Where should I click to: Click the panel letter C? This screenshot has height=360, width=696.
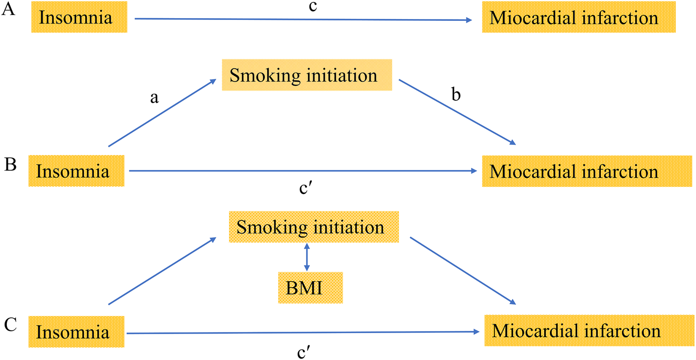(11, 325)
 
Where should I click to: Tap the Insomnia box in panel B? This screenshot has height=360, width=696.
(77, 171)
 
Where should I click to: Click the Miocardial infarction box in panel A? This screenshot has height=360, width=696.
(579, 19)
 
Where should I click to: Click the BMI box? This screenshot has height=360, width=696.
(310, 289)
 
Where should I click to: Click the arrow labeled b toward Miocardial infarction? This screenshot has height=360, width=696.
(457, 111)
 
